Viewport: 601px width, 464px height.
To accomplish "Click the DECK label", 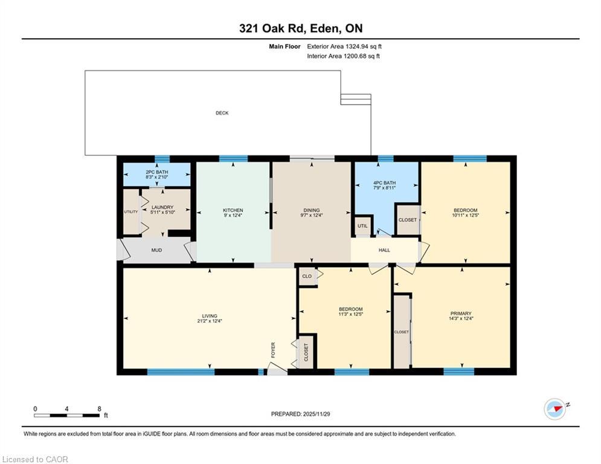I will point(222,113).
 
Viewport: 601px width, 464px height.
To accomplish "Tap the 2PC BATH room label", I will point(156,172).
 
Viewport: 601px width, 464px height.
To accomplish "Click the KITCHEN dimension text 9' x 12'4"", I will point(233,216).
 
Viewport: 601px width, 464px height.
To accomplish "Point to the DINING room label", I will point(310,210).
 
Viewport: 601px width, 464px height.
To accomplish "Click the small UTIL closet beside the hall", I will point(362,226).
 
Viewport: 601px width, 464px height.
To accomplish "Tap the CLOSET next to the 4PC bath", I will point(408,220).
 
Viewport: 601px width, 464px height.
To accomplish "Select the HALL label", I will point(384,250).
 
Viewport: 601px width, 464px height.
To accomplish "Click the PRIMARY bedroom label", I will point(460,314).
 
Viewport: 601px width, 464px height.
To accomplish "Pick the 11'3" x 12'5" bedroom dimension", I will point(350,314).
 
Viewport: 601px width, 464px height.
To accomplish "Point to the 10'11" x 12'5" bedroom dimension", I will point(465,216).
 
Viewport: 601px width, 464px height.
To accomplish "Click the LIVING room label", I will point(210,316).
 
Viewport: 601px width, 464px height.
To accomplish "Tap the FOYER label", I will point(272,349).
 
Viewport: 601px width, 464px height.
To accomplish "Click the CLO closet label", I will point(307,276).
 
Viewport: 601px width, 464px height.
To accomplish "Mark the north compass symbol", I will point(555,409).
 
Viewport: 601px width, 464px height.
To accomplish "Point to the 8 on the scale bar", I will point(99,408).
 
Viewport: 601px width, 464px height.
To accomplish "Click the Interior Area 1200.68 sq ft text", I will point(344,56).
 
